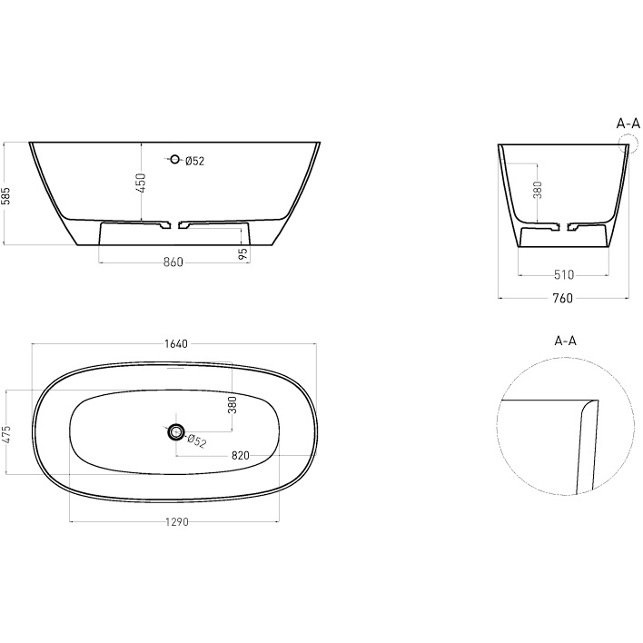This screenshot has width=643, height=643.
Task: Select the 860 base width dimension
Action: click(173, 262)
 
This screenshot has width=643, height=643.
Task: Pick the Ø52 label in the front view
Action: click(194, 162)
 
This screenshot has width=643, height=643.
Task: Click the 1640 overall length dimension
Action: click(175, 343)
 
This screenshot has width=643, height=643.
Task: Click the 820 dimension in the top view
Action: click(241, 454)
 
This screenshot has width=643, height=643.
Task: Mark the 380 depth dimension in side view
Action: click(538, 191)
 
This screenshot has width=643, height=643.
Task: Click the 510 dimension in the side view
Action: click(562, 273)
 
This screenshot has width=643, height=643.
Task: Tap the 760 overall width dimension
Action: click(562, 298)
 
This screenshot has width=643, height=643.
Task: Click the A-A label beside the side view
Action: click(628, 123)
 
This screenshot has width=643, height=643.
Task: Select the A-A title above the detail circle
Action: click(565, 341)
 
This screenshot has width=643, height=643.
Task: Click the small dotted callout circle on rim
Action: click(625, 143)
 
